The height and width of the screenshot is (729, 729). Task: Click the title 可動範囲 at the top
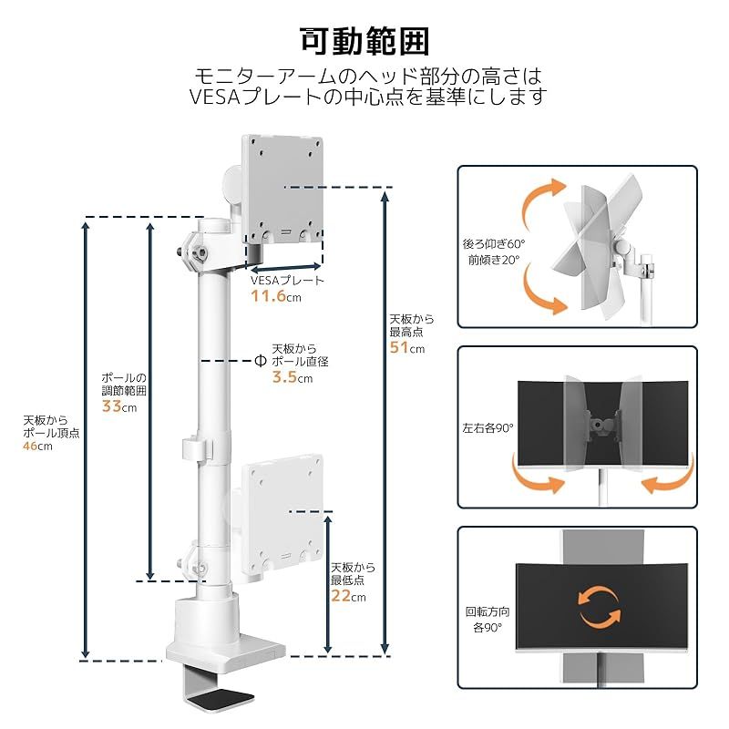(x=364, y=41)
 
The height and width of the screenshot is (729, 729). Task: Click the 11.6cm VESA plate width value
(x=276, y=296)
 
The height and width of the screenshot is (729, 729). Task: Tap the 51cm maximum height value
(x=406, y=347)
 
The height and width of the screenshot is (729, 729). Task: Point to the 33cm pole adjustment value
(x=118, y=406)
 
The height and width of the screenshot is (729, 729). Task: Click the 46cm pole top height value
(x=37, y=447)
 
